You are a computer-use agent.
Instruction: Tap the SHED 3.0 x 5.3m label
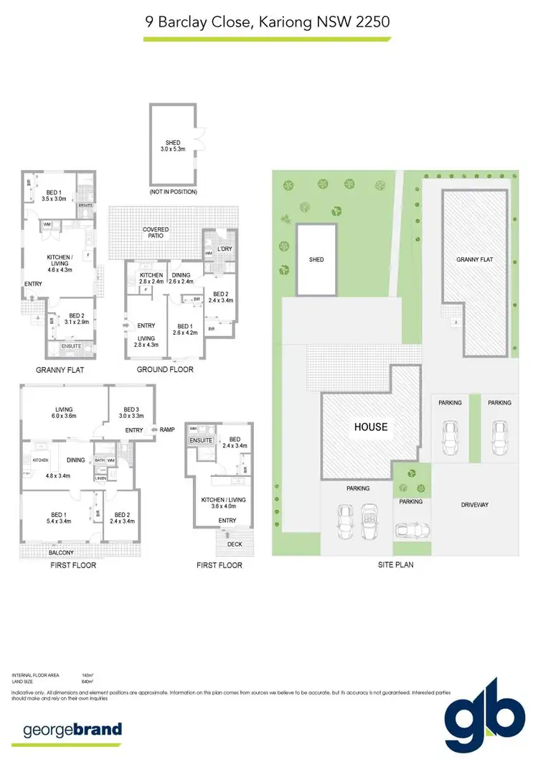pos(172,146)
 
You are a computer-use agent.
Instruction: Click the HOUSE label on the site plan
pos(369,427)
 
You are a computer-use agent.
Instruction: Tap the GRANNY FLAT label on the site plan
pos(474,259)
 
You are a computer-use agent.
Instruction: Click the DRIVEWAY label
pos(474,505)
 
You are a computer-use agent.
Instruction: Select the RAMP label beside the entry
pos(167,430)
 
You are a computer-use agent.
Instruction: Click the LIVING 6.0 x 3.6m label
pos(64,413)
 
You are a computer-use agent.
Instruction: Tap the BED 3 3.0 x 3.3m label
pos(128,412)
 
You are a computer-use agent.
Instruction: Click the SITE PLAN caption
pos(395,565)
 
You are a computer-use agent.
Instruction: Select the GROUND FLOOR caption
pos(165,370)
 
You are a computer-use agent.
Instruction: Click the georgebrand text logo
pos(72,731)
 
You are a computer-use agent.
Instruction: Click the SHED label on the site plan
pos(316,259)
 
